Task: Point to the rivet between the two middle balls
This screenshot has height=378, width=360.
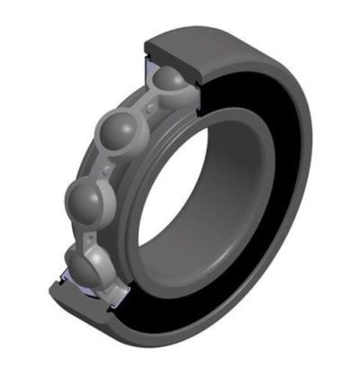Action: [x=109, y=167]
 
